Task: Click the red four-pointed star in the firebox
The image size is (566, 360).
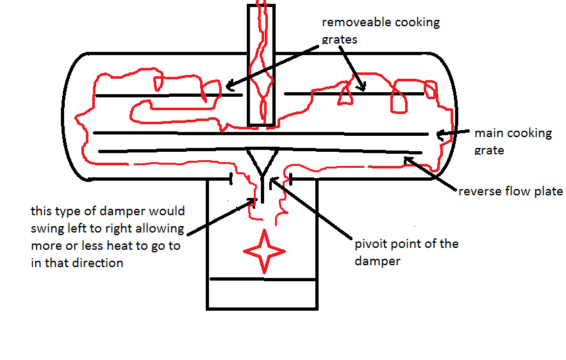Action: [x=262, y=250]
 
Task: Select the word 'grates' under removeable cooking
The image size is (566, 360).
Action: [x=339, y=39]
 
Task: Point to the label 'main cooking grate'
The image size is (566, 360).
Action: [x=513, y=142]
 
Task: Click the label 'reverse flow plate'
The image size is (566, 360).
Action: [x=510, y=191]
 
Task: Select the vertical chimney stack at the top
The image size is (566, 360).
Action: [x=261, y=64]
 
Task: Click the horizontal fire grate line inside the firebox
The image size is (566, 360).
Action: [x=262, y=279]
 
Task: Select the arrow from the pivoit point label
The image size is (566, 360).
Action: [x=314, y=211]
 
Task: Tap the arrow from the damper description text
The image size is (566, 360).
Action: [x=218, y=218]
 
